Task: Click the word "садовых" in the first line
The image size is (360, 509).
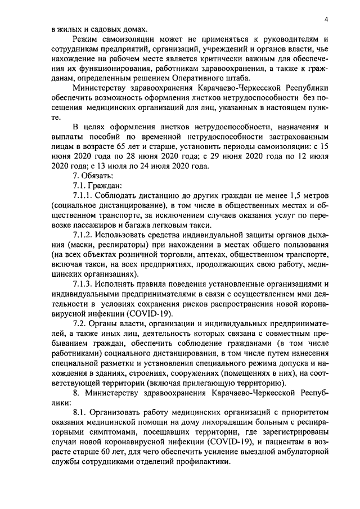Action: pyautogui.click(x=100, y=29)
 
